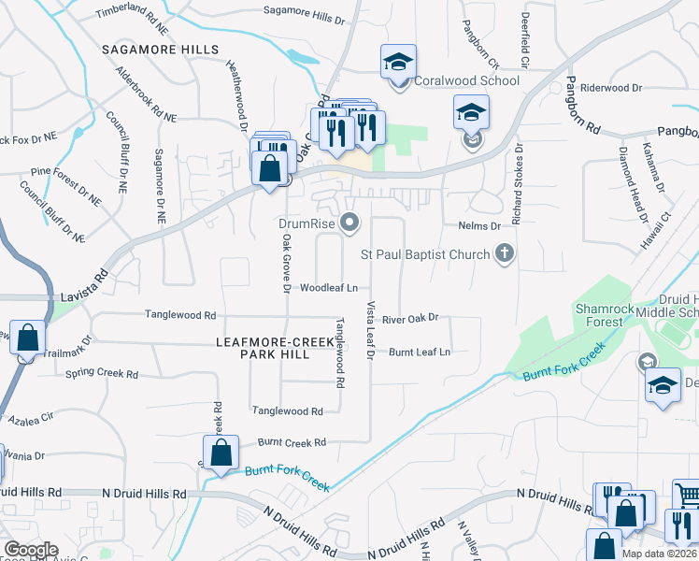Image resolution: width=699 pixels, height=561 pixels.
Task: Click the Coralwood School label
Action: click(x=466, y=81)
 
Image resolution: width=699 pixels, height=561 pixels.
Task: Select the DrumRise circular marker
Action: click(x=350, y=223)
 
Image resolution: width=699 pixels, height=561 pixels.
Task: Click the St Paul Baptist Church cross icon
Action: click(x=505, y=253)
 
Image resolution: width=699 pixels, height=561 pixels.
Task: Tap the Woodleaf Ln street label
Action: click(x=328, y=289)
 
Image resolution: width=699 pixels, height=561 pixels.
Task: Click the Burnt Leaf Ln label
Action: click(x=420, y=352)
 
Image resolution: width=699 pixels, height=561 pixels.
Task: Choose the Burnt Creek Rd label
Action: click(x=293, y=442)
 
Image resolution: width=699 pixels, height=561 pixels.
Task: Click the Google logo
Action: click(x=32, y=550)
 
